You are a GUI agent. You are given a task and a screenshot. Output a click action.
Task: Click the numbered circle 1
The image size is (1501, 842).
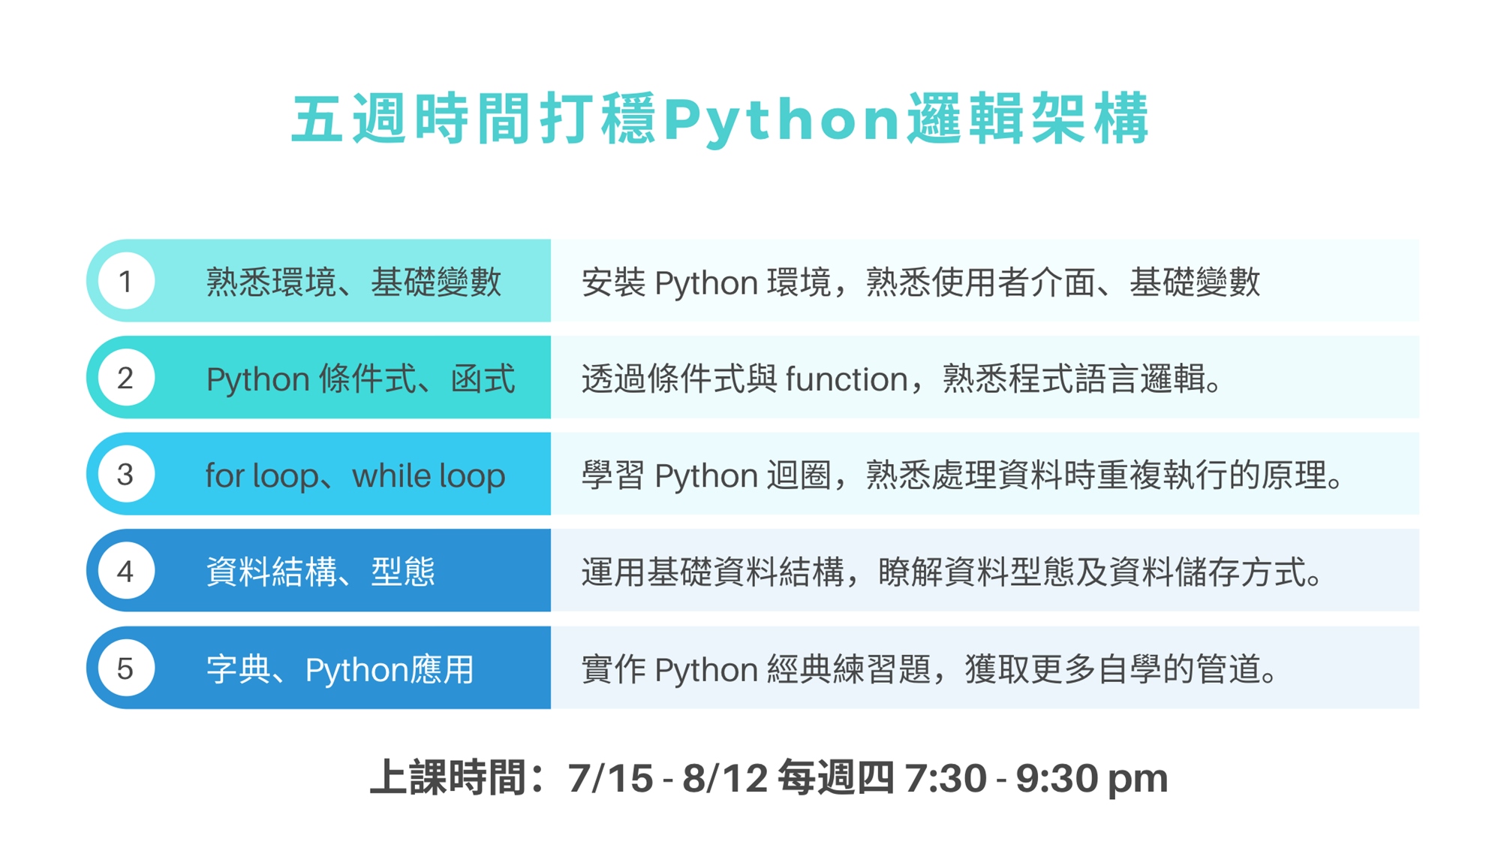126,281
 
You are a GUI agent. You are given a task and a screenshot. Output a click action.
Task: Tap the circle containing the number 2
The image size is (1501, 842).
126,377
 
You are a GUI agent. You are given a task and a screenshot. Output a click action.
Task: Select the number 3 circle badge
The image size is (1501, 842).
126,474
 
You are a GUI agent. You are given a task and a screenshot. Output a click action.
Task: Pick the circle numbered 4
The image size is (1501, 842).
126,571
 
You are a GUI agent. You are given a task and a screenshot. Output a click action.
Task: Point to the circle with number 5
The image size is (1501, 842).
126,668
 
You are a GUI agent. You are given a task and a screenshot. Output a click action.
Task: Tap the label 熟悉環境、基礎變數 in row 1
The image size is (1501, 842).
353,282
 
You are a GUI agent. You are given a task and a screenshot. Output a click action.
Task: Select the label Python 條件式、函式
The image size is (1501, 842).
360,379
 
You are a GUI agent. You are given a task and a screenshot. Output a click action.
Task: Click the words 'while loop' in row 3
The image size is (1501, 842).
429,475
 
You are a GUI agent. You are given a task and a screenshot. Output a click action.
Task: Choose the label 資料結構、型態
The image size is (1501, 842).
320,572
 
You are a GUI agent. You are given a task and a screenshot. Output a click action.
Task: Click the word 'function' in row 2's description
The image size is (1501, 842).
847,379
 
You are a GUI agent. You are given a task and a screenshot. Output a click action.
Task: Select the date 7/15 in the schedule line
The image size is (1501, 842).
610,778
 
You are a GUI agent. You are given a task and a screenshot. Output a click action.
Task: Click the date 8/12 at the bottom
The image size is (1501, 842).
725,778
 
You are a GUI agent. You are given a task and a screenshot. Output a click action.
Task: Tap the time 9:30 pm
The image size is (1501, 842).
1092,779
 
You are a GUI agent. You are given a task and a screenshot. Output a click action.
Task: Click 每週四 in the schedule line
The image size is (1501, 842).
835,777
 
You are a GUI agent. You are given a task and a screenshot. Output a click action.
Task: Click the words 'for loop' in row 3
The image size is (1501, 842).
261,475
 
